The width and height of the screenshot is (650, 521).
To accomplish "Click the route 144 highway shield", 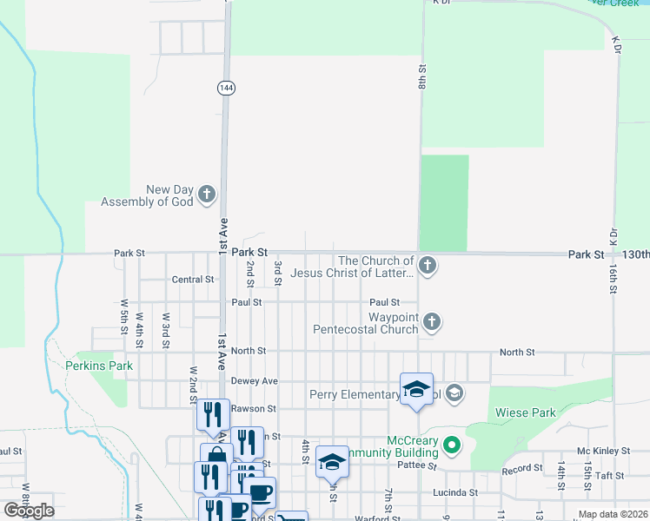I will click(226, 88).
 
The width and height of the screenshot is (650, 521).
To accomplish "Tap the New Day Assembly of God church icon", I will click(207, 195).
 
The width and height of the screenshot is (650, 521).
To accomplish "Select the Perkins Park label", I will click(99, 366).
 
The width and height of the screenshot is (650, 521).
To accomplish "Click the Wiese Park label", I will click(525, 413).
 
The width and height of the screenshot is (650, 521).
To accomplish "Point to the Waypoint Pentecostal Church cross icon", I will click(432, 323).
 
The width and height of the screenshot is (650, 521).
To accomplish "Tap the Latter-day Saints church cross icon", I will click(427, 266).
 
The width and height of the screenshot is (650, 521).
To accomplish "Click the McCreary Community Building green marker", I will click(451, 446).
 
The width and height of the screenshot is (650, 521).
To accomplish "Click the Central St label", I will click(193, 280).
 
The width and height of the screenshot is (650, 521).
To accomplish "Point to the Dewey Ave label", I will click(254, 381).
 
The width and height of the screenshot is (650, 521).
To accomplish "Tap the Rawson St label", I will click(253, 408).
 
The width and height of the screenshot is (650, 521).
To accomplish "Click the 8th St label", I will click(421, 76).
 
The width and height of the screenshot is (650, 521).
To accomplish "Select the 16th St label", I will click(614, 279).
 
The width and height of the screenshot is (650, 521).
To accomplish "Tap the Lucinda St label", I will click(455, 492).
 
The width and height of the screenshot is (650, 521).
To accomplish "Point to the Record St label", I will click(522, 470).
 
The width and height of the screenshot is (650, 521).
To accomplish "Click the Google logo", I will click(29, 511).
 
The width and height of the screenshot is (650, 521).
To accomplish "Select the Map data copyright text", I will click(614, 515).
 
